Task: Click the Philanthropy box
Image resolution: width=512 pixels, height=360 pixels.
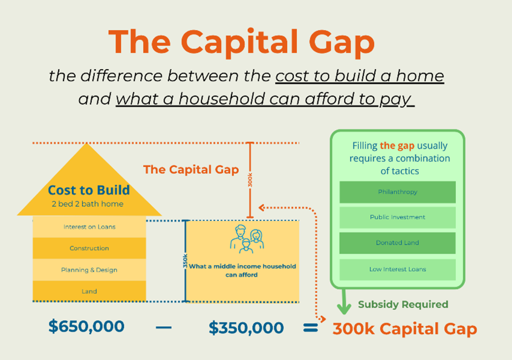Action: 397,192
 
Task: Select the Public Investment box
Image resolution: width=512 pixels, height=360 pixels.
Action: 397,217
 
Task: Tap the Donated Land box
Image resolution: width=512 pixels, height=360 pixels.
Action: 397,243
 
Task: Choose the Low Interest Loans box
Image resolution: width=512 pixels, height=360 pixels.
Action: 397,269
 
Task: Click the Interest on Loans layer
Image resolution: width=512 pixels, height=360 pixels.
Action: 89,227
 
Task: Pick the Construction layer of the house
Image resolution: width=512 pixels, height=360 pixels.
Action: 89,248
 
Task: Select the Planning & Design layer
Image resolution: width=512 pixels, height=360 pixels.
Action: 89,270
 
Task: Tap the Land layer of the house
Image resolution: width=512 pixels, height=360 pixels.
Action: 89,291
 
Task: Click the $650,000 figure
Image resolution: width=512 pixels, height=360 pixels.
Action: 86,326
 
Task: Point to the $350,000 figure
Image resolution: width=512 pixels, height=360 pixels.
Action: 246,327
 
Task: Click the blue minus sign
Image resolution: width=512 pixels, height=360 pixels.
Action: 164,327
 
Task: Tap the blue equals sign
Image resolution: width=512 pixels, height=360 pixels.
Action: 310,327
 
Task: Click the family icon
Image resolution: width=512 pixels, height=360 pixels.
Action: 247,239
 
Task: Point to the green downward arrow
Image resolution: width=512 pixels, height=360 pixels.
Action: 344,301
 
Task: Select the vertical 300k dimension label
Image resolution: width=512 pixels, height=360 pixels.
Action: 250,180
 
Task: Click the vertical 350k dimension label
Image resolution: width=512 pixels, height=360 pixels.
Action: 185,261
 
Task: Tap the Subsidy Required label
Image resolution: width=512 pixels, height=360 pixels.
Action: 403,304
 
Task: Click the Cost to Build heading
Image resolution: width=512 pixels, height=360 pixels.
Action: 89,190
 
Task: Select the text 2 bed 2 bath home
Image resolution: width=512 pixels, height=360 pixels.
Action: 88,204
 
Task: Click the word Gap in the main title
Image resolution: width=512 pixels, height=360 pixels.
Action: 342,43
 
